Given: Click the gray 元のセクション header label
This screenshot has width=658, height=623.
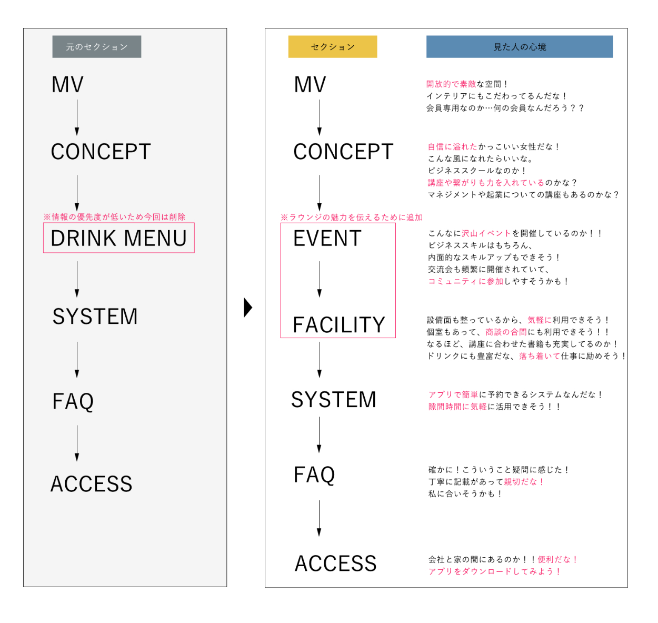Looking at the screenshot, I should coord(97,47).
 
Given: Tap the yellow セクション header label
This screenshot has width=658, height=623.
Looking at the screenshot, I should coord(333,47).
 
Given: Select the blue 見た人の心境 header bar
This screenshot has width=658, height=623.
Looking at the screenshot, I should coord(520,47).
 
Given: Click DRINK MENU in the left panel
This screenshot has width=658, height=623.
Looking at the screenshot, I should coord(119,238).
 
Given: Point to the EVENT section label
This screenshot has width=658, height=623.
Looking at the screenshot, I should coord(327,239).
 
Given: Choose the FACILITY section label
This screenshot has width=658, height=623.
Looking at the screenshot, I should coord(339,325).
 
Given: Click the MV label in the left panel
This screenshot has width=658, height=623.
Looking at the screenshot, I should coord(67,85).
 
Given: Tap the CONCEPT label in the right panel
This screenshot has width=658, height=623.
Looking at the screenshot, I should coord(343,152).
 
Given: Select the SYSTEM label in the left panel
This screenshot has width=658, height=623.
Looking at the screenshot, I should coord(95,317).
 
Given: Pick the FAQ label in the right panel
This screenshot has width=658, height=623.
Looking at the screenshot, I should coord(314,474).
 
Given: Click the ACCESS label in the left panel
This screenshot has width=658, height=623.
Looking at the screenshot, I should coord(92,484).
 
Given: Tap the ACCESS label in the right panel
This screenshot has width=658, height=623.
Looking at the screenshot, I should coord(336,563).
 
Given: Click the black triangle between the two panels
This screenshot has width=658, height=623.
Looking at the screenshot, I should coord(248,308).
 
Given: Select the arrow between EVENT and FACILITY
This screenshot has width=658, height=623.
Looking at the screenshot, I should coord(320,279).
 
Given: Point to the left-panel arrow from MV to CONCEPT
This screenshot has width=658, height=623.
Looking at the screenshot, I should coord(77,117).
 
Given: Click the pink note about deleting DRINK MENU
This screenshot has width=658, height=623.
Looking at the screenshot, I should coord(114,217).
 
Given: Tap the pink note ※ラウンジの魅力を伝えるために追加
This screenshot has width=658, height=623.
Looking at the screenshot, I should coord(352,217).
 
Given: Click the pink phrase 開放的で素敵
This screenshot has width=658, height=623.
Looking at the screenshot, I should coord(451,84).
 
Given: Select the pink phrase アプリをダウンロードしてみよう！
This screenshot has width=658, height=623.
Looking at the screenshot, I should coord(495,571).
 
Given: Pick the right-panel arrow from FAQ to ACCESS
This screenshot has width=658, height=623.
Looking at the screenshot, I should coord(319,518).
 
